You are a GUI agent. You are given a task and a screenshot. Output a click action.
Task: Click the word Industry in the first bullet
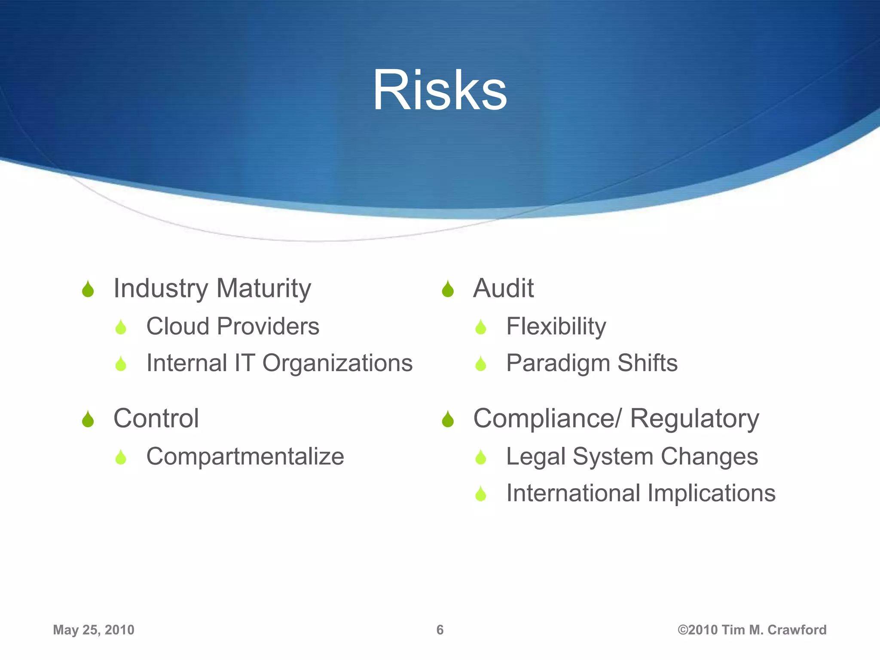tap(161, 288)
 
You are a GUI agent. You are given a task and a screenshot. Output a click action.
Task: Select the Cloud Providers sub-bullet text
tap(232, 326)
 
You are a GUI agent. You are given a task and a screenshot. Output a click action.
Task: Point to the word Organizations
tap(337, 363)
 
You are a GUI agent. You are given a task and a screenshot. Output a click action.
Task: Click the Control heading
tap(156, 418)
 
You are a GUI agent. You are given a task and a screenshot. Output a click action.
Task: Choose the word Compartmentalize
tap(245, 456)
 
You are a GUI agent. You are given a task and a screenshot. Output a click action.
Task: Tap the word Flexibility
tap(556, 326)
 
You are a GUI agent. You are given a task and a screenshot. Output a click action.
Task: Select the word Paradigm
tap(559, 364)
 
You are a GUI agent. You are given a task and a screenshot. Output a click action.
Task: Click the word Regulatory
tap(694, 419)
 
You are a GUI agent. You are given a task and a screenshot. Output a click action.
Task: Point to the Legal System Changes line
tap(632, 456)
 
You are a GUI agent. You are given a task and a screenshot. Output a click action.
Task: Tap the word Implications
tap(712, 493)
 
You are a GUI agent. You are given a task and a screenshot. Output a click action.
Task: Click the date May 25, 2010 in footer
tap(94, 630)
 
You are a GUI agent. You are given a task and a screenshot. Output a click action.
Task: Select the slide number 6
tap(440, 630)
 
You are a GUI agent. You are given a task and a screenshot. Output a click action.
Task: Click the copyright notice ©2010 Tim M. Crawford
tap(752, 630)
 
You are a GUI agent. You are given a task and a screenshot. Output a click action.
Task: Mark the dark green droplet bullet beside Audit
tap(448, 289)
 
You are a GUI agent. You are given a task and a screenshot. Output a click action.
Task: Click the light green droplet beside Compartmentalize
tap(121, 457)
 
